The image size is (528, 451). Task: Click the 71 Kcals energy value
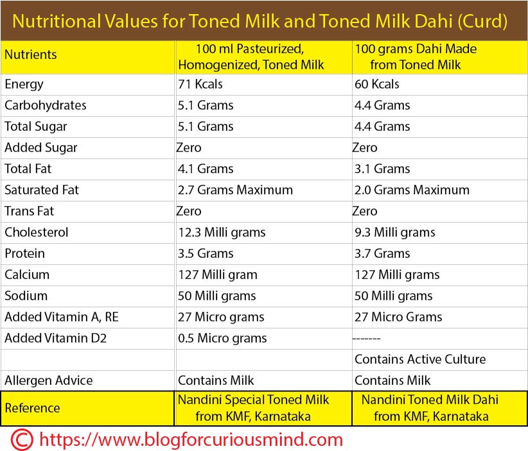point(200,84)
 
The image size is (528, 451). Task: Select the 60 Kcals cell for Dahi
point(376,84)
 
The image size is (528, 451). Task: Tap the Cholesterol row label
point(36,232)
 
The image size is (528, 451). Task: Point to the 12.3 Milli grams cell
point(222,232)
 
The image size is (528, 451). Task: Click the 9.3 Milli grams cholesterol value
point(394,232)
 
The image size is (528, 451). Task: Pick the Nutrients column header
point(30,55)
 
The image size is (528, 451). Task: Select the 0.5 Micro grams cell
point(222,338)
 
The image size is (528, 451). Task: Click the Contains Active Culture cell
point(420,359)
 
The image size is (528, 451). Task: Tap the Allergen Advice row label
point(48,380)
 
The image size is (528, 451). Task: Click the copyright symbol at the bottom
point(20,439)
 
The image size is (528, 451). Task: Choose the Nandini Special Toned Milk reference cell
point(253,408)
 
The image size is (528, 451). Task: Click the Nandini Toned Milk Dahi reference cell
point(429,408)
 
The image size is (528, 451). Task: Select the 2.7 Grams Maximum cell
point(235,190)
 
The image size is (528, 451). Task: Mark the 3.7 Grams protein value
point(382,253)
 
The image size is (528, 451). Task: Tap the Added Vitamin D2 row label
point(55,338)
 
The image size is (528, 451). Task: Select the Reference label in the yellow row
point(32,408)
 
